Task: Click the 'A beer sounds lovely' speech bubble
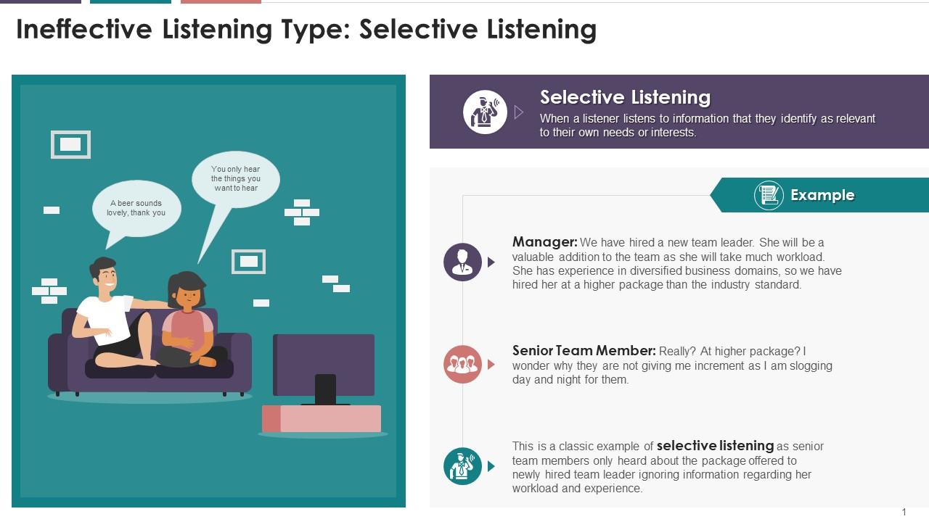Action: click(x=136, y=208)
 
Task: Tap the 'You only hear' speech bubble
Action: click(x=236, y=178)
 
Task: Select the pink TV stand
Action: click(x=322, y=418)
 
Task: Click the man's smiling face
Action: click(x=105, y=276)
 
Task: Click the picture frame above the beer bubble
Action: click(x=70, y=144)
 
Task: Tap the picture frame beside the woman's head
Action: click(x=248, y=261)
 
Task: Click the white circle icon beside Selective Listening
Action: click(x=485, y=112)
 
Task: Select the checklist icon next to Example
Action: click(x=769, y=195)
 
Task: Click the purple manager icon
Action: click(x=462, y=262)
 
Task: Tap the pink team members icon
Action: click(x=462, y=364)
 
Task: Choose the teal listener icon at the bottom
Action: click(x=462, y=466)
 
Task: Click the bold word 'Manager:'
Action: click(x=544, y=242)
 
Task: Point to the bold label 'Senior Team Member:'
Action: click(x=584, y=351)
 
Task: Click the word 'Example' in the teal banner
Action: click(x=822, y=195)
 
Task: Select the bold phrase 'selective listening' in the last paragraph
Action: click(x=715, y=446)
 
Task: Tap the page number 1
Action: click(x=904, y=512)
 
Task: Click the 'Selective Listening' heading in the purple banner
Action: click(x=625, y=97)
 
